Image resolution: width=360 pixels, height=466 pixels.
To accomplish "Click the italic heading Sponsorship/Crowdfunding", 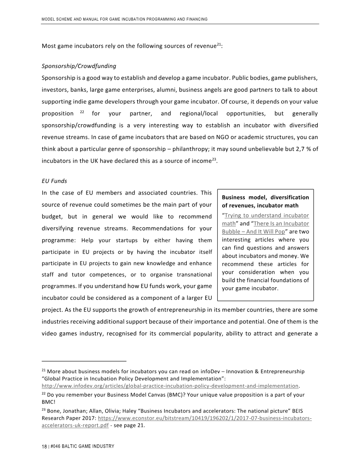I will tap(79, 66).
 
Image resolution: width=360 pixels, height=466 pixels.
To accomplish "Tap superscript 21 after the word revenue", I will tap(218, 44).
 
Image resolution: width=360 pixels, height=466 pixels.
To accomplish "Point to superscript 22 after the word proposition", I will tap(82, 111).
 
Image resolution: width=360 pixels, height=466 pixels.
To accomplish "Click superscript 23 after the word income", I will tap(215, 158).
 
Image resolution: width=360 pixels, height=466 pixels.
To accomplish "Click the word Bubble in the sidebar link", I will tap(233, 231).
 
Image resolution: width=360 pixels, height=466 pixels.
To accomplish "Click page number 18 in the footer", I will tap(44, 446).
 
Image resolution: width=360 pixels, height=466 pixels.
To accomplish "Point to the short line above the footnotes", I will tap(84, 361).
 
